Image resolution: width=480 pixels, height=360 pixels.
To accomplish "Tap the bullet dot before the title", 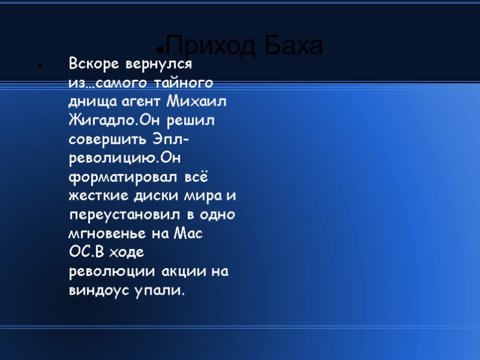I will tap(160, 49).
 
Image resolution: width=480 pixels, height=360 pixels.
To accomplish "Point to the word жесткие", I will tap(95, 196).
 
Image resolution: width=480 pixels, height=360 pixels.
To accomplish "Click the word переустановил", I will tap(119, 215).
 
